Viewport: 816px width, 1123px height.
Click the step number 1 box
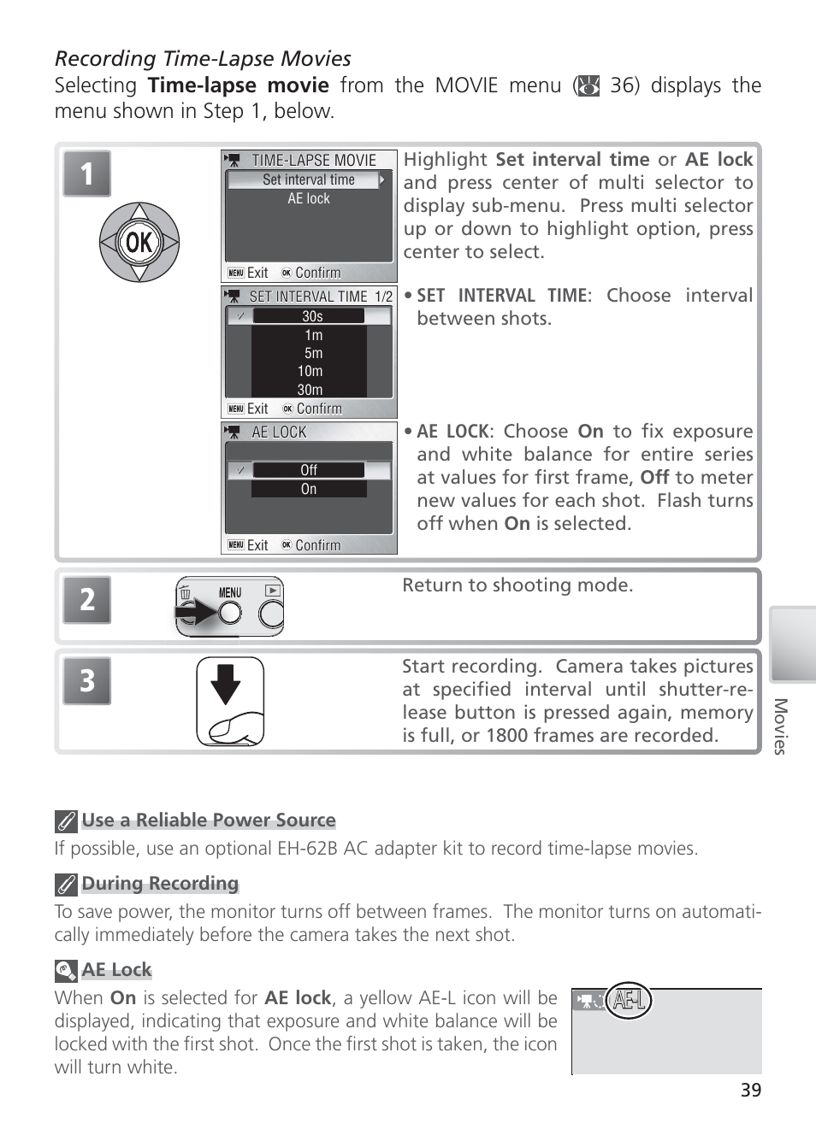pyautogui.click(x=86, y=173)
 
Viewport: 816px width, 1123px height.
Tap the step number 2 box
pyautogui.click(x=86, y=599)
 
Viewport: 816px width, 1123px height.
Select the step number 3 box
pyautogui.click(x=86, y=680)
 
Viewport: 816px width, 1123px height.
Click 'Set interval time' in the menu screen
pyautogui.click(x=308, y=179)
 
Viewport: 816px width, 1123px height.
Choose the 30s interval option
pyautogui.click(x=312, y=316)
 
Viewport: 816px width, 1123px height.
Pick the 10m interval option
pyautogui.click(x=310, y=371)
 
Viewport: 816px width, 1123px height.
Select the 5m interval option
pyautogui.click(x=313, y=353)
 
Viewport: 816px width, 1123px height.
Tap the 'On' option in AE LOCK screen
pyautogui.click(x=309, y=489)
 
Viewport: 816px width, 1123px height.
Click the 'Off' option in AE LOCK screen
pyautogui.click(x=309, y=470)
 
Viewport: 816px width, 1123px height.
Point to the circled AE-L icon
pyautogui.click(x=629, y=1000)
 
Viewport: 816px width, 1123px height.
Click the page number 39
pyautogui.click(x=750, y=1090)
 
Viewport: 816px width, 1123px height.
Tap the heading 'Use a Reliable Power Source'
pyautogui.click(x=209, y=820)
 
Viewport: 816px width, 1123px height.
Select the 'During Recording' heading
pyautogui.click(x=160, y=884)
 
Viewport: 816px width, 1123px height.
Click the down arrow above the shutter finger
pyautogui.click(x=226, y=684)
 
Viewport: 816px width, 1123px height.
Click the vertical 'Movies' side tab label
pyautogui.click(x=779, y=726)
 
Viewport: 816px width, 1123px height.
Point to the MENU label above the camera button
pyautogui.click(x=230, y=592)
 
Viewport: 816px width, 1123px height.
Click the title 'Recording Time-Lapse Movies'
pyautogui.click(x=203, y=58)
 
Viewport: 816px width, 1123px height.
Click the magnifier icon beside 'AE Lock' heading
pyautogui.click(x=66, y=971)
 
